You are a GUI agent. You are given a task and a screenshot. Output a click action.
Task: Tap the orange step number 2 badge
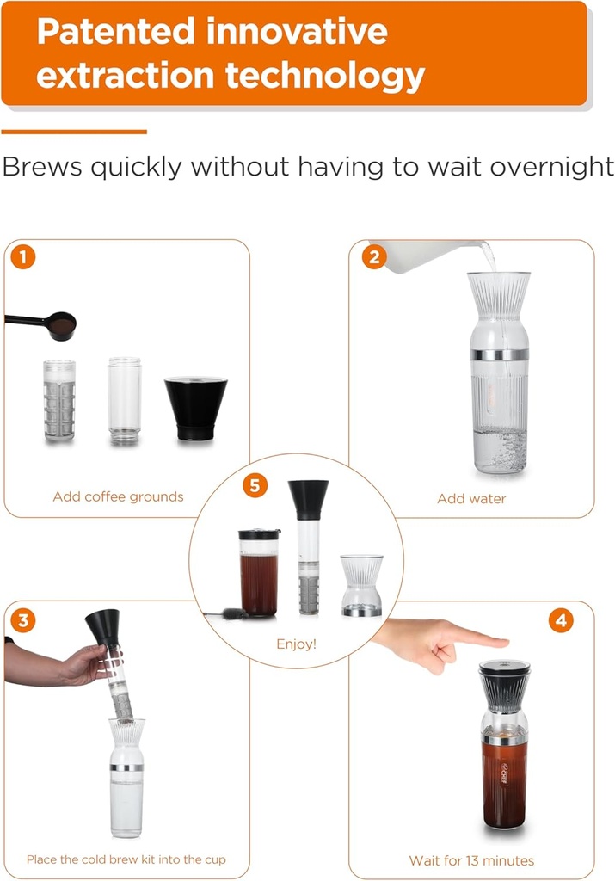pos(374,257)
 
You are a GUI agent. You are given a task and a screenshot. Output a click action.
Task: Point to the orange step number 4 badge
pos(561,619)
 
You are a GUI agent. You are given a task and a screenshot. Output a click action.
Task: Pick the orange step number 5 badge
pos(254,486)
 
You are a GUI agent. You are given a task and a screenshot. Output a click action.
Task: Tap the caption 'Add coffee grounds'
pos(118,496)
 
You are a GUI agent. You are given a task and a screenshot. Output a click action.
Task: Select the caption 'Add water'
pos(470,498)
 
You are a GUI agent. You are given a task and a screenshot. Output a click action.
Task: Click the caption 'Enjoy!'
pos(296,644)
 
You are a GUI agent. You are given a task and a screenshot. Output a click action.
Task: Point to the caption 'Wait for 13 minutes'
pos(471,860)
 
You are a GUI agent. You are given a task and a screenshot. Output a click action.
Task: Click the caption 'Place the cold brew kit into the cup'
pos(126,859)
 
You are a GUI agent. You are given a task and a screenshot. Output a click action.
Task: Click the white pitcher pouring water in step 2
pos(421,257)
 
